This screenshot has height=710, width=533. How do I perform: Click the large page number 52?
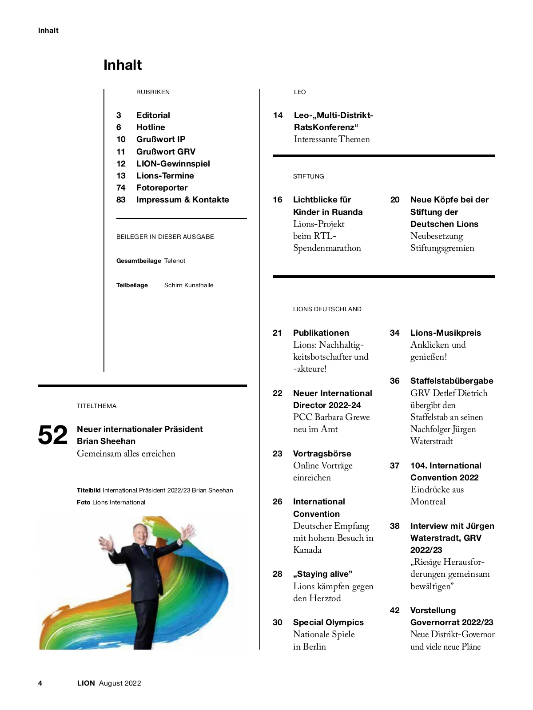(53, 435)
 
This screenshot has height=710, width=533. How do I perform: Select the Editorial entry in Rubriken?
(153, 115)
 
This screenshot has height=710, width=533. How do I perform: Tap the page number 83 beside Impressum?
(121, 200)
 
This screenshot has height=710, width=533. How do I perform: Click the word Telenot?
(175, 261)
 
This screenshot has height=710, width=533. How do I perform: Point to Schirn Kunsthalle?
(189, 286)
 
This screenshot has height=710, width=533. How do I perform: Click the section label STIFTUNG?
(308, 177)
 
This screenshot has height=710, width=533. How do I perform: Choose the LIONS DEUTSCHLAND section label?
(327, 309)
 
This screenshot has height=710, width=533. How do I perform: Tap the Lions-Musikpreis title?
(445, 333)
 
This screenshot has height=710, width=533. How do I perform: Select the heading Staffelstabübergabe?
(451, 381)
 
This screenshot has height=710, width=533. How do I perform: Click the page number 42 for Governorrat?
(394, 611)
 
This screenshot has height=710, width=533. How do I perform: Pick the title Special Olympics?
(328, 623)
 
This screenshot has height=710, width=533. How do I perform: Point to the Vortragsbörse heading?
(322, 454)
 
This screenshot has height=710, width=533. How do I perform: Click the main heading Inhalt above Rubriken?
(123, 65)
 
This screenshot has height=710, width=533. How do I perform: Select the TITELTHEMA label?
(96, 406)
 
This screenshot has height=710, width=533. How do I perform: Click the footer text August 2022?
(120, 683)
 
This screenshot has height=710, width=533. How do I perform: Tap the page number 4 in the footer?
(40, 683)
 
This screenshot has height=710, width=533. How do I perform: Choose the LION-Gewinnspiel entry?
(173, 164)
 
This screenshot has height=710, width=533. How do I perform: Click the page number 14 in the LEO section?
(278, 115)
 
